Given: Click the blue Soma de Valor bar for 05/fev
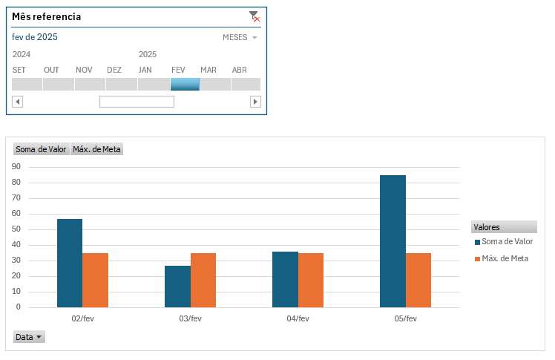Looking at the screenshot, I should click(x=393, y=241).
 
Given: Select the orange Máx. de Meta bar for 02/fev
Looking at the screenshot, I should click(x=95, y=280).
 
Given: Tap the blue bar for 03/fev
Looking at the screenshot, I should click(x=177, y=286).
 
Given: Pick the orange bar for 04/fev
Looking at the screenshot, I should click(x=310, y=280).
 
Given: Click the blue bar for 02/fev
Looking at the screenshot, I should click(x=70, y=263).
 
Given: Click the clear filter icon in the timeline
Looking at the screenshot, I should click(x=254, y=16).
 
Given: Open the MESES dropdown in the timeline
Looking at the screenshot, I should click(x=240, y=37).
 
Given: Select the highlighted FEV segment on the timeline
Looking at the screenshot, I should click(x=185, y=84).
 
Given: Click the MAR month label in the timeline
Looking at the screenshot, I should click(x=208, y=70).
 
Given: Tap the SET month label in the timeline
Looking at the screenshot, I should click(x=19, y=70).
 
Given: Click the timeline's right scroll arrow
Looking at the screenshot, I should click(x=255, y=102).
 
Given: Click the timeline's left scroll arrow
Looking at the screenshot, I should click(x=17, y=102).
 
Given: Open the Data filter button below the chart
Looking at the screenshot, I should click(x=30, y=337).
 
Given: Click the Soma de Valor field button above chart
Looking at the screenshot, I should click(x=41, y=149).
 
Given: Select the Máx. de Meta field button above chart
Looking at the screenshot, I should click(x=96, y=149).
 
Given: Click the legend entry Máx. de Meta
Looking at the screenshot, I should click(x=505, y=258).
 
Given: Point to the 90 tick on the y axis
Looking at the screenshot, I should click(x=16, y=167).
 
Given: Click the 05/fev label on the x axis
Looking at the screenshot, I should click(x=405, y=318).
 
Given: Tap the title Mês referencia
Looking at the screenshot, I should click(x=47, y=16).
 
